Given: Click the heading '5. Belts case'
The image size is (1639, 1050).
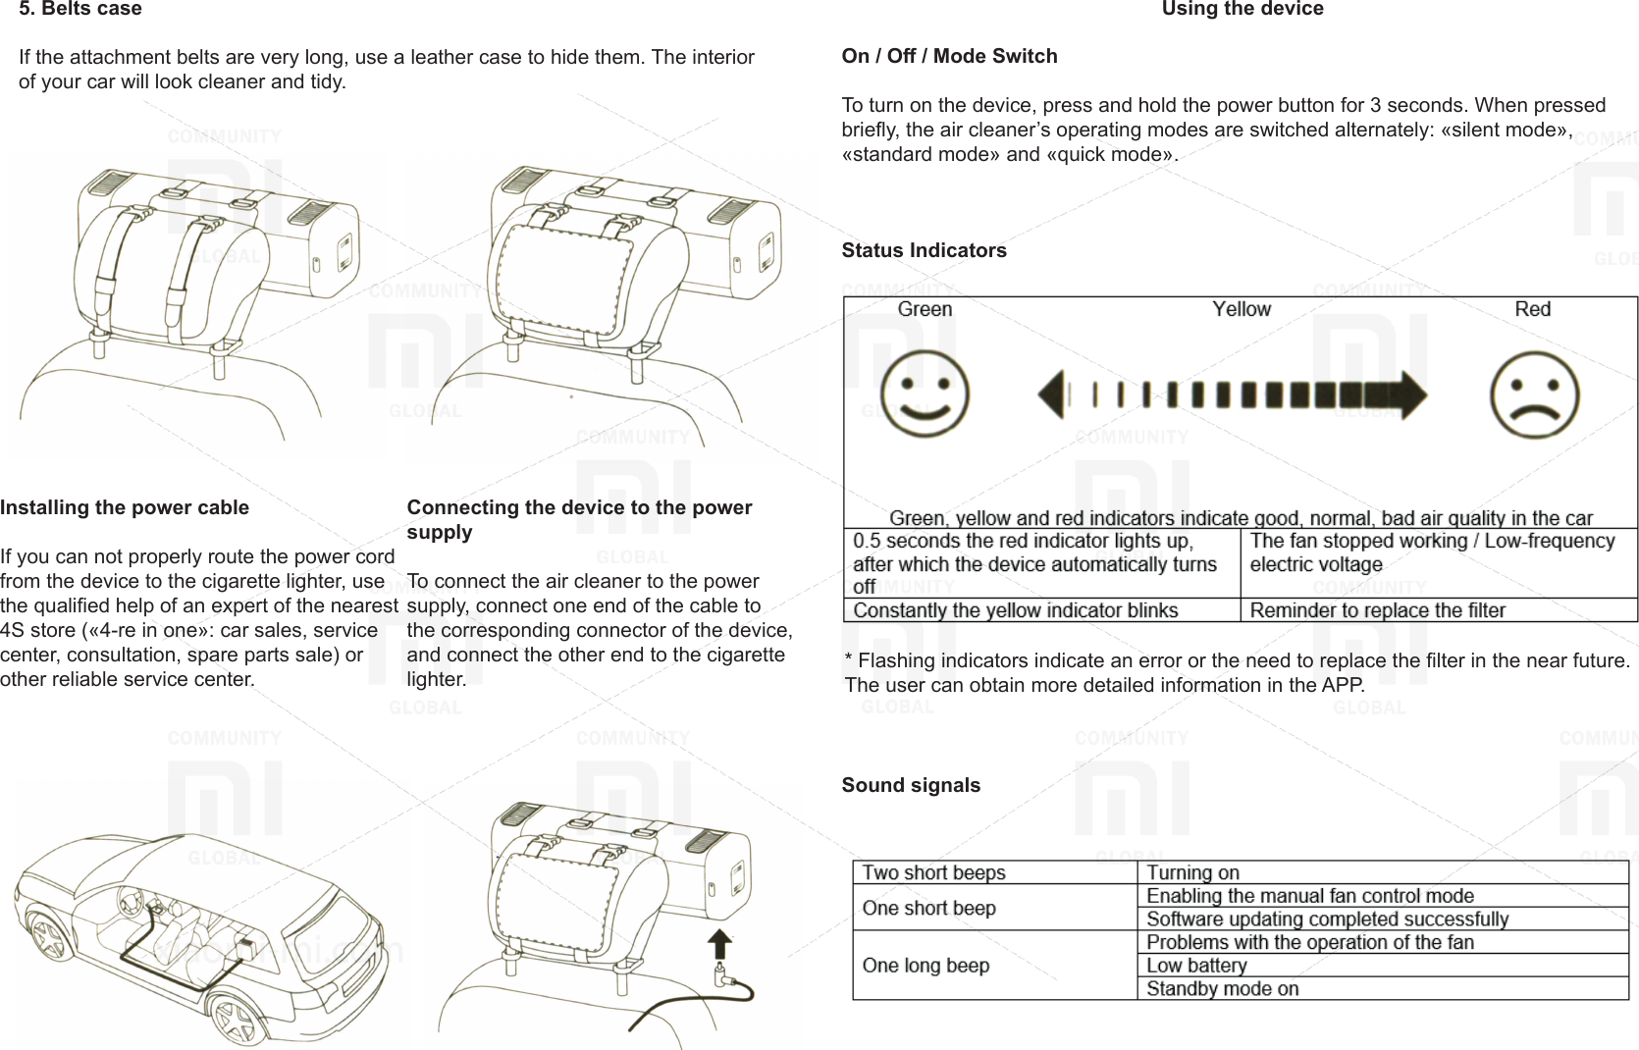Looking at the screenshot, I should (x=80, y=9).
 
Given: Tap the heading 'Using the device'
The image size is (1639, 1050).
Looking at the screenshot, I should (x=1242, y=9).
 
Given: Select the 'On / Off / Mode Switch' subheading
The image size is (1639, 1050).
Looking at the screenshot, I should (x=949, y=56).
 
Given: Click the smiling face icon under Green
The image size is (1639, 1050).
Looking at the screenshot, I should (x=925, y=394).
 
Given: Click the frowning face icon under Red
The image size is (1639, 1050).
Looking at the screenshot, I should (x=1534, y=395).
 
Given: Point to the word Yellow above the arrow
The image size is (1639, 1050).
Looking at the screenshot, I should (x=1241, y=309).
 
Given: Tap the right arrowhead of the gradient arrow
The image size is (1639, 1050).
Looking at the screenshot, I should (x=1411, y=395).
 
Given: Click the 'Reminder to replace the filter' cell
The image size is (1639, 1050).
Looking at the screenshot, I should (x=1377, y=610).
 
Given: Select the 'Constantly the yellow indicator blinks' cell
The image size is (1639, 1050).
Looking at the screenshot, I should (x=1015, y=610).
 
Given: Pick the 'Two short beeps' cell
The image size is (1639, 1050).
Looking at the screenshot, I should (x=933, y=872).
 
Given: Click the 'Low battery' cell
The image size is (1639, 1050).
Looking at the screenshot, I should (x=1196, y=966).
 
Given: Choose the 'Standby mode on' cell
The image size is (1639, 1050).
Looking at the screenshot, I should (x=1222, y=988).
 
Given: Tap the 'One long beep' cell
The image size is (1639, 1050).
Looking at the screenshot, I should (x=925, y=966).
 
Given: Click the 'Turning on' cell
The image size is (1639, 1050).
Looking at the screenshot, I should (x=1192, y=872).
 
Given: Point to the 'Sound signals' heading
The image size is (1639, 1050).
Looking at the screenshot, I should (x=911, y=785).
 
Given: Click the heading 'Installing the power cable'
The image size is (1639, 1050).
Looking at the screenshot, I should (x=125, y=507).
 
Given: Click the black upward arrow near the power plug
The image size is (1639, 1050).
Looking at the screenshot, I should (x=720, y=944).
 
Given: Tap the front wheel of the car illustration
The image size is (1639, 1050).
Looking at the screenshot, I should (x=238, y=1021).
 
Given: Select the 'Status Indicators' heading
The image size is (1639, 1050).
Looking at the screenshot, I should (x=924, y=250).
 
